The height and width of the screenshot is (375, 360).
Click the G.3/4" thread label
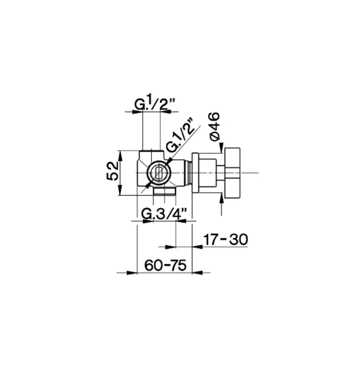tap(165, 214)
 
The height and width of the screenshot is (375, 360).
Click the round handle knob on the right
tap(233, 173)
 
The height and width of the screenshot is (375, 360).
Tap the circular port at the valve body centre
tap(158, 173)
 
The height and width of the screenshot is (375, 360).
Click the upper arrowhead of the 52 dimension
tap(121, 155)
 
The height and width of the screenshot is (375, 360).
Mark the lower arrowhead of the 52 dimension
tap(121, 191)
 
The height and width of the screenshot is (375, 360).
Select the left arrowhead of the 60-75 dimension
tap(132, 271)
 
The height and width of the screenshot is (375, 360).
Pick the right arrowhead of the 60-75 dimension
tap(198, 271)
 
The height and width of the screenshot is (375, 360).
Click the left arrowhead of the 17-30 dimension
tap(171, 246)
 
